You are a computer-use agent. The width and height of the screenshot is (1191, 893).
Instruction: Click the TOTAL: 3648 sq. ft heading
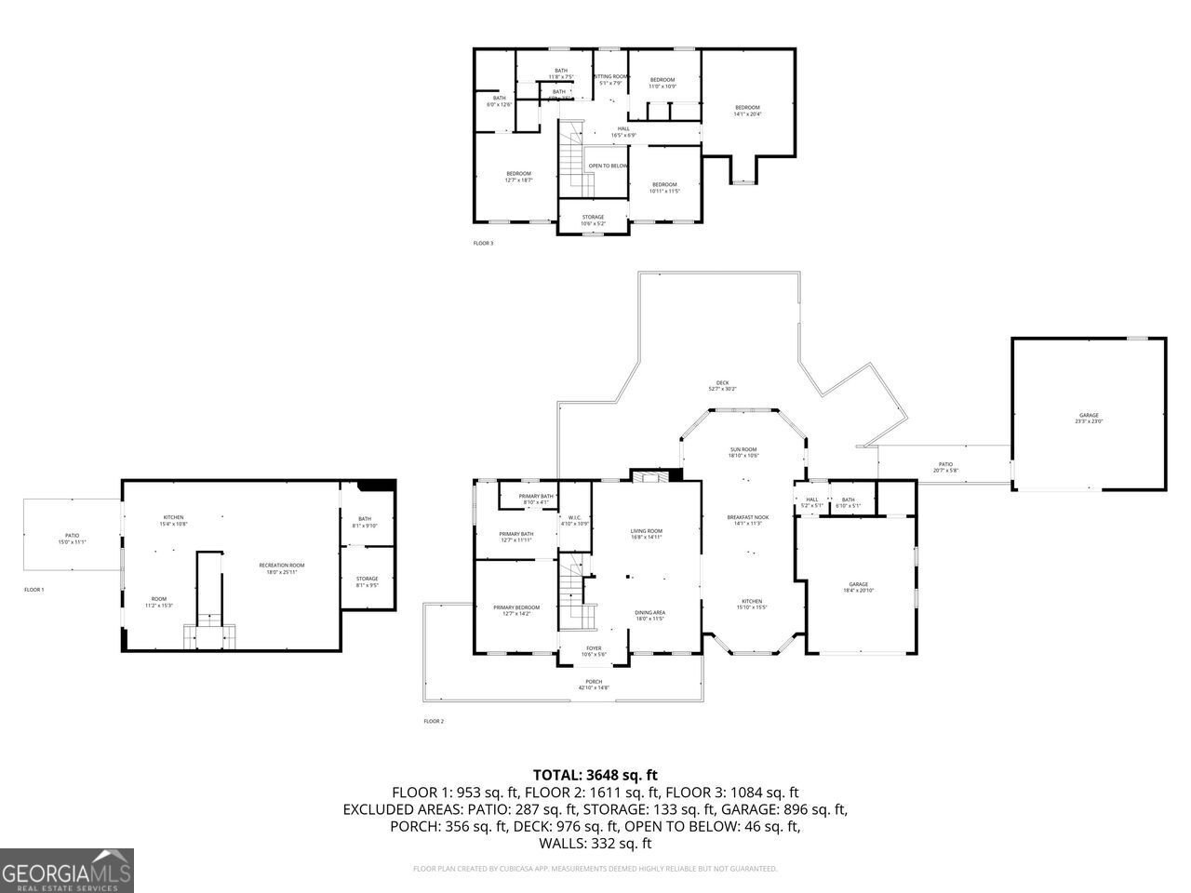tap(595, 774)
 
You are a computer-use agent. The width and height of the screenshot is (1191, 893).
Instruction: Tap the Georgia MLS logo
tap(67, 871)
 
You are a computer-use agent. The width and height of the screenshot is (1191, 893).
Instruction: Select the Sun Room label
tap(743, 452)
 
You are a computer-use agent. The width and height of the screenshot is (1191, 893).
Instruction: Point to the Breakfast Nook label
tap(748, 520)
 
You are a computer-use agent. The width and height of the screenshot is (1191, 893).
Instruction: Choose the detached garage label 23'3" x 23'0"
tap(1088, 418)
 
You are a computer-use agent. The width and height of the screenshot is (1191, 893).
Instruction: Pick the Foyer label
tap(594, 651)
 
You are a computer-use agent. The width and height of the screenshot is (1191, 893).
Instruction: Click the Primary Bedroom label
tap(516, 610)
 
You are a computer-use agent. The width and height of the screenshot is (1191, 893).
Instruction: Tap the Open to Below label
tap(608, 166)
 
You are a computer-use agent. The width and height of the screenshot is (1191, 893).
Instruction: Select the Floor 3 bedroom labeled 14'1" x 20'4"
tap(747, 110)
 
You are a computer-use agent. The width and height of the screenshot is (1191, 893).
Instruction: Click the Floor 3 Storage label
tap(593, 220)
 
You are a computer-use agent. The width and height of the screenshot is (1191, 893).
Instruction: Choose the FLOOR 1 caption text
tap(34, 590)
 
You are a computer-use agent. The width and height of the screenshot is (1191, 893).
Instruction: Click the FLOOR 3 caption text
tap(484, 244)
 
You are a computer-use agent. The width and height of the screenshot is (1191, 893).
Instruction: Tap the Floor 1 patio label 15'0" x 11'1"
tap(72, 538)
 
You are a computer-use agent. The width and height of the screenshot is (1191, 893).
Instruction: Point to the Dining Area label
tap(649, 615)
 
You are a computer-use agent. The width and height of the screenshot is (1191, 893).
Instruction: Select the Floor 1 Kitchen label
tap(174, 520)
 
